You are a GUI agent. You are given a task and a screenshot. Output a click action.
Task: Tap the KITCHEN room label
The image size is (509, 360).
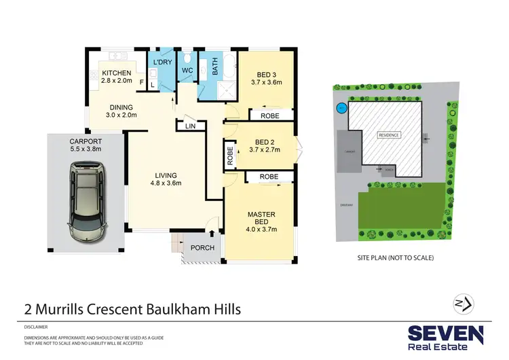tap(117, 73)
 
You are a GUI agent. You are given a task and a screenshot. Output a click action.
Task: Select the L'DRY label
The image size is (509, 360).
tap(162, 62)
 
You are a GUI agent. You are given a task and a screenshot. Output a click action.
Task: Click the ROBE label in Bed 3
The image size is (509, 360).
tap(269, 117)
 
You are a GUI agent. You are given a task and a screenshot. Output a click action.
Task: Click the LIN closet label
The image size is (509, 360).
tap(191, 126)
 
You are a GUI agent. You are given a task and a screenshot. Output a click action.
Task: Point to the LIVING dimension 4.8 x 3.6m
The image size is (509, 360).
tap(166, 182)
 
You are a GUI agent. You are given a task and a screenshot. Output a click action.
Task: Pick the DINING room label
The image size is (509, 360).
tap(121, 107)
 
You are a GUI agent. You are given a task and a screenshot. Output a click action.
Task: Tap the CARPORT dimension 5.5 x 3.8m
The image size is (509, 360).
tap(85, 149)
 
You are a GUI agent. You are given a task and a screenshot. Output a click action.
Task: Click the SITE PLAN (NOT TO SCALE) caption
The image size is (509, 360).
tap(395, 258)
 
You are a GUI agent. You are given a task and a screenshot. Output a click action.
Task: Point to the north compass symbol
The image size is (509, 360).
tap(464, 303)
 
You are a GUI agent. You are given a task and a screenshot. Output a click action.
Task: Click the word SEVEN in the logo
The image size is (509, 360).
tap(445, 334)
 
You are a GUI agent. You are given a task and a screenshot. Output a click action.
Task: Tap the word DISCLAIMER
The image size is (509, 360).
tap(37, 326)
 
